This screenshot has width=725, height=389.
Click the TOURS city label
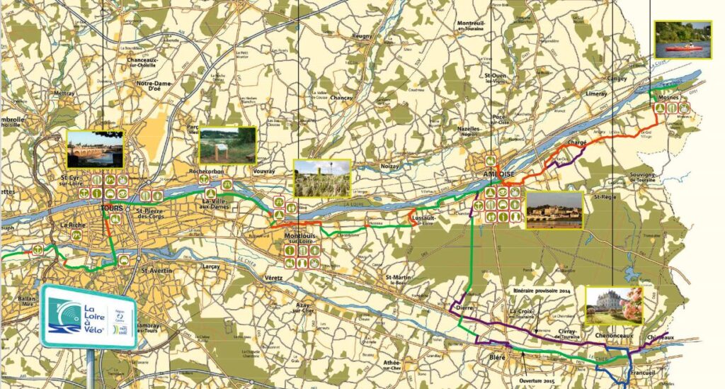[x=112, y=208]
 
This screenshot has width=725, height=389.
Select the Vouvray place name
[x=263, y=171]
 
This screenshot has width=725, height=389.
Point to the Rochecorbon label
[x=207, y=171]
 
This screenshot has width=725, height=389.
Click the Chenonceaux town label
[x=610, y=336]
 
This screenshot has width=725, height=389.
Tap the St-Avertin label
[x=158, y=270]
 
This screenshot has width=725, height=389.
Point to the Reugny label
[x=361, y=55]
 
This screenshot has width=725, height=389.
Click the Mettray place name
[x=64, y=93]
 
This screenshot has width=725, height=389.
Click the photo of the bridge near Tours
[x=95, y=147]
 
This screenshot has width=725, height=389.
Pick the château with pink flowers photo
[x=614, y=305]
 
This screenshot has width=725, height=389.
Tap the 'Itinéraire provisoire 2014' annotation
[x=542, y=291]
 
